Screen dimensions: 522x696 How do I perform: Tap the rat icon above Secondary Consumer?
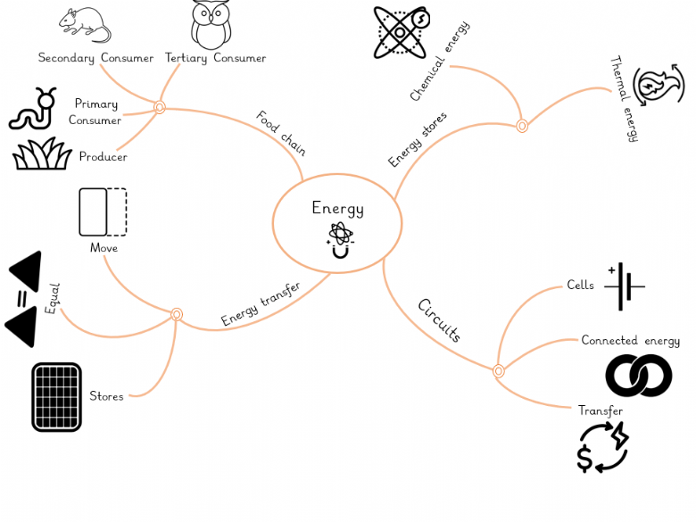coord(85,24)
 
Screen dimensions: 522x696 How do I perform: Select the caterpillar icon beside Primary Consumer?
coord(33,109)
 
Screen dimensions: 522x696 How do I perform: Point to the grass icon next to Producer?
coord(41,153)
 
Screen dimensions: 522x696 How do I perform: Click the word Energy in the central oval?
coord(337,209)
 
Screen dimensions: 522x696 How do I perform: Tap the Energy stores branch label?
coord(418,139)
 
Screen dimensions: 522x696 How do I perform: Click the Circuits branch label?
coord(439,321)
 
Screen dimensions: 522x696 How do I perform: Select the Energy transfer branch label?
coord(261,303)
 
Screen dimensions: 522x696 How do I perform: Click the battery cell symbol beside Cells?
coord(625,286)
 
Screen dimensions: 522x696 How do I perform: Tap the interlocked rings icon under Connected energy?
coord(638,376)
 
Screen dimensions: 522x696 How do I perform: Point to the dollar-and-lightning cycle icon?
coord(602,447)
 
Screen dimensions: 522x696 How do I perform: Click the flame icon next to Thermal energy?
coord(659,86)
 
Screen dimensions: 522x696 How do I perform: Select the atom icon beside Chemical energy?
coord(401,32)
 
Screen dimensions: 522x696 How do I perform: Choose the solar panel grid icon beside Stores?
coord(56,396)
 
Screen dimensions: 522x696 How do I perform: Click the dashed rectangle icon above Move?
coord(103,212)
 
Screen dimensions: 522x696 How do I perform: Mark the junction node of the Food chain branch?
coord(160,107)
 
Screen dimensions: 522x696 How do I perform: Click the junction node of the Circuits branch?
coord(499,371)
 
